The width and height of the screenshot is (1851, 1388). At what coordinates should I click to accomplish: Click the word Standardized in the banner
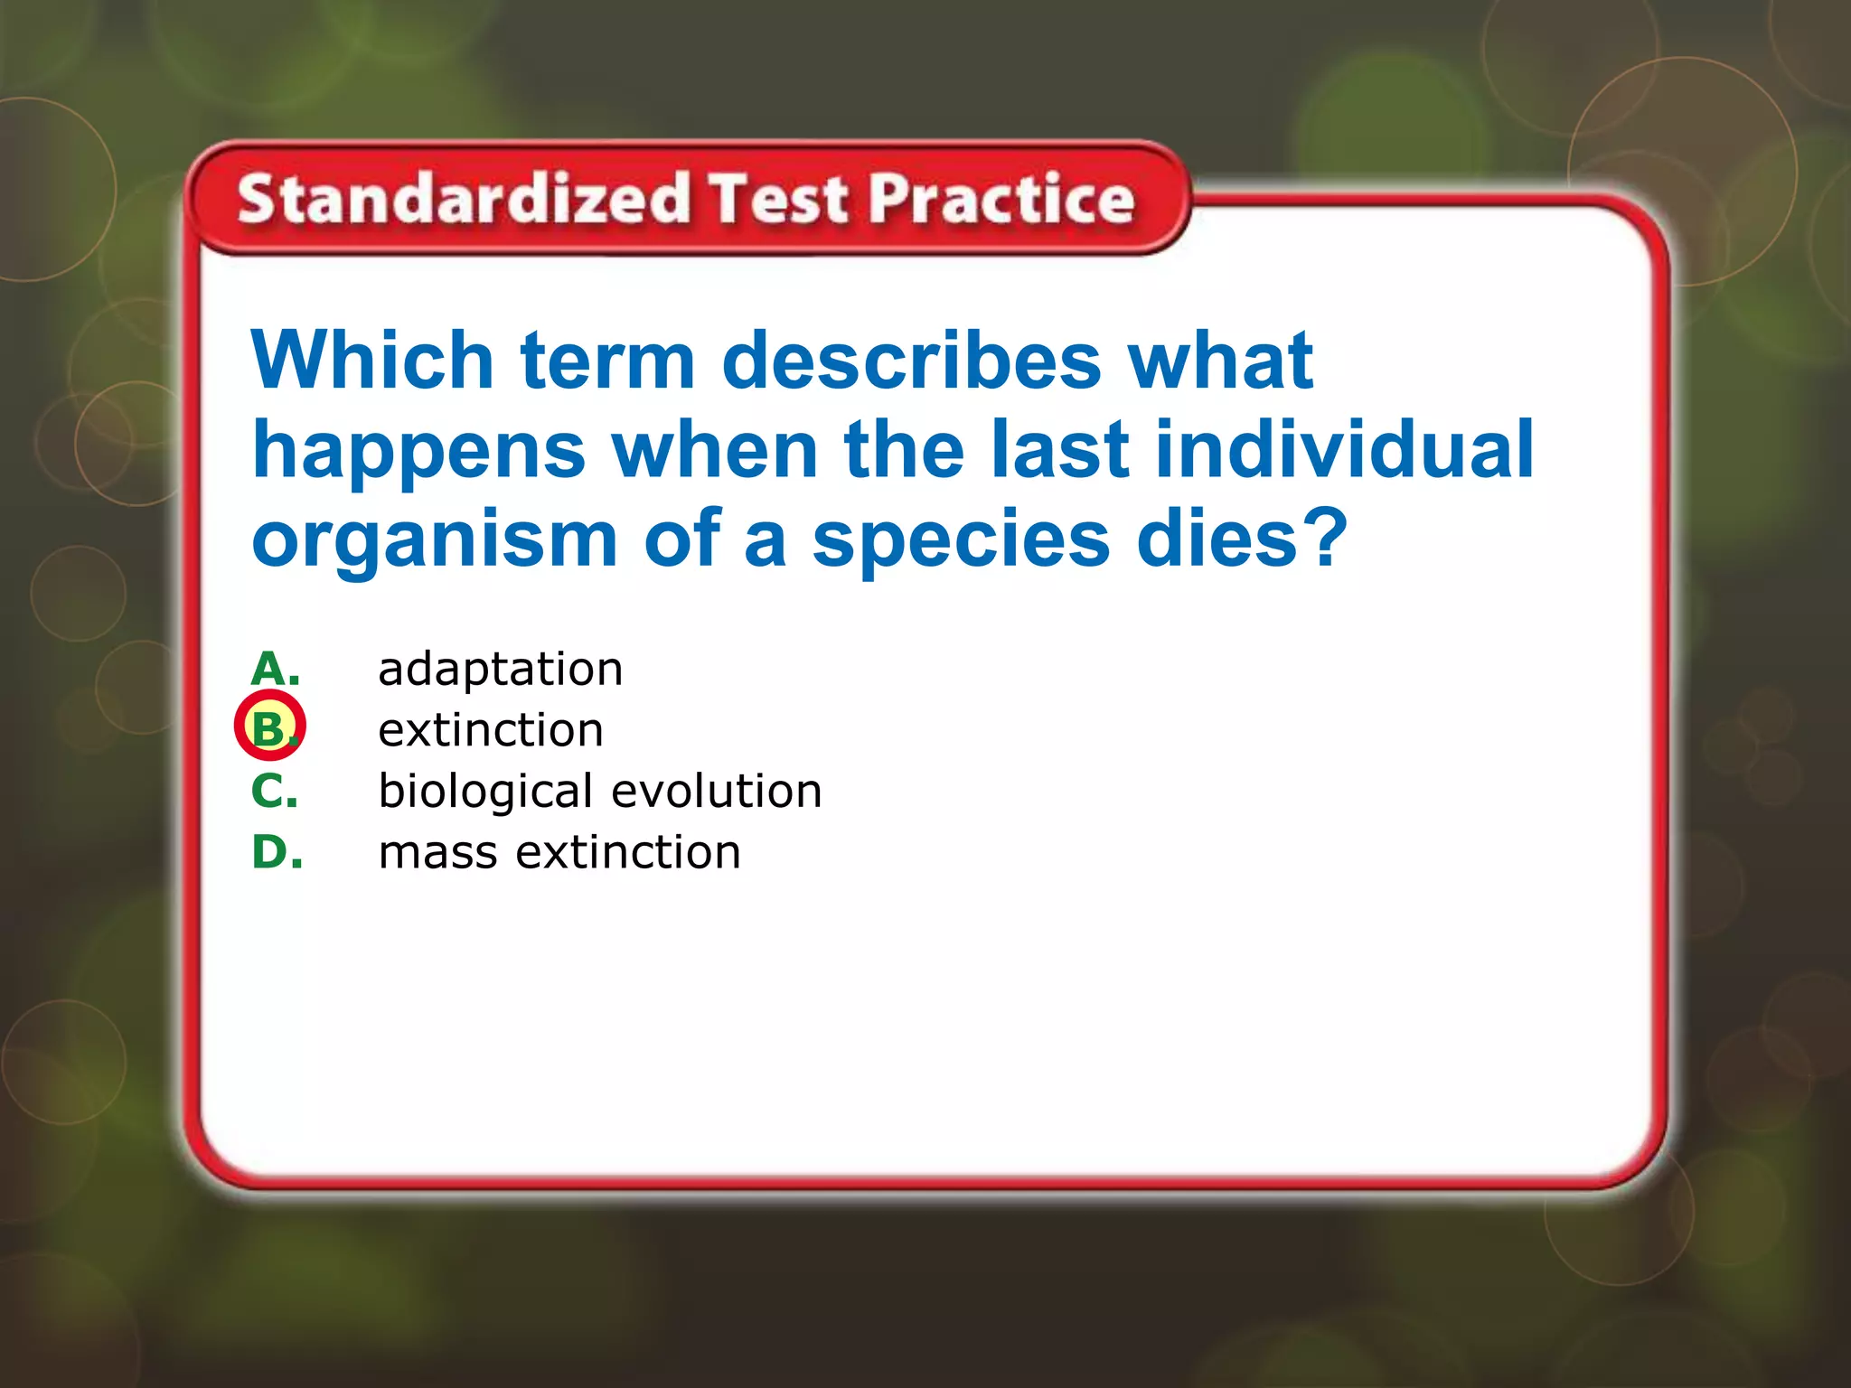click(463, 199)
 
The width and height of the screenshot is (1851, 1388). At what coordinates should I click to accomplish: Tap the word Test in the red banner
click(778, 199)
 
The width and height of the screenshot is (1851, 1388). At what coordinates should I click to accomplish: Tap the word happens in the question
click(418, 453)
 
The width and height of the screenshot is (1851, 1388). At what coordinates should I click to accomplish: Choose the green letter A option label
click(275, 670)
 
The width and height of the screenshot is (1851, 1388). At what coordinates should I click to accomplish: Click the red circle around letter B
click(270, 726)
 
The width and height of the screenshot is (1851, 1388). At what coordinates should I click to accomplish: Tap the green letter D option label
click(277, 852)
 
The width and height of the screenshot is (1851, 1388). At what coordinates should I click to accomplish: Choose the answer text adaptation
click(500, 671)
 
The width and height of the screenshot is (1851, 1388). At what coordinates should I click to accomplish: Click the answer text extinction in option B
click(491, 730)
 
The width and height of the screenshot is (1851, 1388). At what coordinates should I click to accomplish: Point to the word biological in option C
click(485, 792)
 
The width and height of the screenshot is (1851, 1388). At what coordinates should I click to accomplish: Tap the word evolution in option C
click(716, 791)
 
